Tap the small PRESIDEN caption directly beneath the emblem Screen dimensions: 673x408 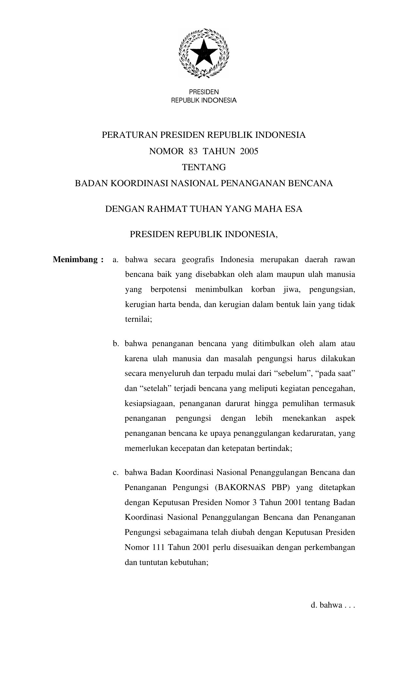pyautogui.click(x=204, y=92)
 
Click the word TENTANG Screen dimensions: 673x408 pyautogui.click(x=204, y=167)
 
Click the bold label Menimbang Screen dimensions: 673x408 pyautogui.click(x=75, y=259)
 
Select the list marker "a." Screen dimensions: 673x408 pyautogui.click(x=116, y=260)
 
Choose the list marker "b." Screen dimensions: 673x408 pyautogui.click(x=116, y=344)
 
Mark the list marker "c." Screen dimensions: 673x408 pyautogui.click(x=116, y=472)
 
